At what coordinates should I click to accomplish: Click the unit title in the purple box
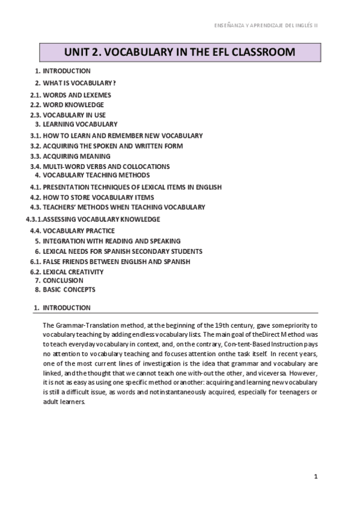point(179,52)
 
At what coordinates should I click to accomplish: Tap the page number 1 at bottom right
point(315,476)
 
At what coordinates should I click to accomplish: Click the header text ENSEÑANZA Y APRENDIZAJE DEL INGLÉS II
point(266,26)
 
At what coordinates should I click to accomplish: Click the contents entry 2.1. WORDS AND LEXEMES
point(71,95)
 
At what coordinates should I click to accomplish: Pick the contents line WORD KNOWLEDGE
point(73,105)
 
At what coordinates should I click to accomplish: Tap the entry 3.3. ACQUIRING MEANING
point(70,156)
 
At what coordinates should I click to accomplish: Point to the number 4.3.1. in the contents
point(34,220)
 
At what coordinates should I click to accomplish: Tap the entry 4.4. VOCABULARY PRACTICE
point(73,231)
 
